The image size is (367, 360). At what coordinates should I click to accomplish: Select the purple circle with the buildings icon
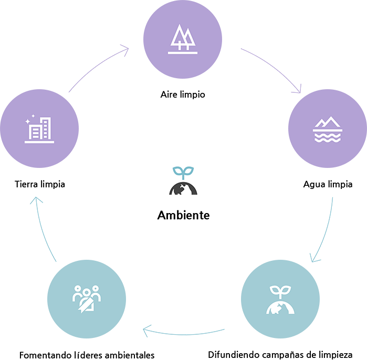(40, 129)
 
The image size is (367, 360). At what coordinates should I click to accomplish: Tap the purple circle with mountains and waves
(328, 129)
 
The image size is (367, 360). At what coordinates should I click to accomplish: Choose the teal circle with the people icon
(86, 299)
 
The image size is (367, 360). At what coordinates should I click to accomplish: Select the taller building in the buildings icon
(46, 129)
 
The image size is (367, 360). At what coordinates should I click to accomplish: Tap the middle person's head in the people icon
(86, 290)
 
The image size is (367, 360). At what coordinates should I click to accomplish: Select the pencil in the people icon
(84, 304)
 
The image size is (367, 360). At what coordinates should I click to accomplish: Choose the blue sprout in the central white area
(183, 172)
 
